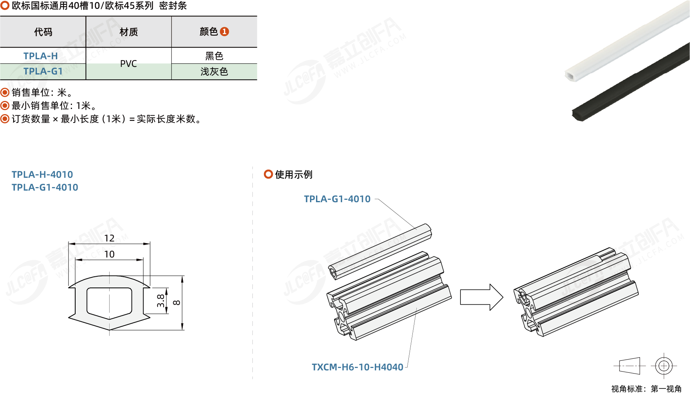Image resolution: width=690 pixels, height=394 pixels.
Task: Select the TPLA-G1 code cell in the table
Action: pyautogui.click(x=43, y=71)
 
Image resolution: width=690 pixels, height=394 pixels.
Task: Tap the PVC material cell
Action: pyautogui.click(x=128, y=64)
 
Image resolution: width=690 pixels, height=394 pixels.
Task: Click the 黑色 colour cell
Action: pyautogui.click(x=214, y=56)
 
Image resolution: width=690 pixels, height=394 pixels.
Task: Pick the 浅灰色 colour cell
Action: pyautogui.click(x=214, y=72)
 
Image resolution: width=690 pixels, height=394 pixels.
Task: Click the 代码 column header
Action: pyautogui.click(x=43, y=32)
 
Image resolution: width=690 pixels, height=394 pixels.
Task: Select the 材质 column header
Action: pyautogui.click(x=128, y=32)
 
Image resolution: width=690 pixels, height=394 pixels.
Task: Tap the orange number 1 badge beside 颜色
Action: pyautogui.click(x=224, y=32)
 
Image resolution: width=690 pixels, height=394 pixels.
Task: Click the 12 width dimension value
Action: pyautogui.click(x=109, y=238)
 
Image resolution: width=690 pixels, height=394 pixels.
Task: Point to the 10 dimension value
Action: pyautogui.click(x=109, y=254)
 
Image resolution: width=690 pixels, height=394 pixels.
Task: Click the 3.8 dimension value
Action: pyautogui.click(x=161, y=300)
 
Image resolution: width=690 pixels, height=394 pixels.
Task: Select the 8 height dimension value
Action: pyautogui.click(x=177, y=303)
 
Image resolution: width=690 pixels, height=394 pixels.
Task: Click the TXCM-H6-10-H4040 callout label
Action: pyautogui.click(x=357, y=367)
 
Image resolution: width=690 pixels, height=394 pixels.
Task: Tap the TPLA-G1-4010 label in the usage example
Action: pyautogui.click(x=337, y=199)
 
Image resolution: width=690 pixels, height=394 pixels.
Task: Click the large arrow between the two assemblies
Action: pyautogui.click(x=481, y=297)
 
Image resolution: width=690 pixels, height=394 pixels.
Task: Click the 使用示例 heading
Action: pyautogui.click(x=293, y=175)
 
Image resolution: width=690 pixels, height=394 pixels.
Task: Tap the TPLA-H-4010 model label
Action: pyautogui.click(x=42, y=175)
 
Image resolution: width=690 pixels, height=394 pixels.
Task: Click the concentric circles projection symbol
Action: pyautogui.click(x=664, y=366)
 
